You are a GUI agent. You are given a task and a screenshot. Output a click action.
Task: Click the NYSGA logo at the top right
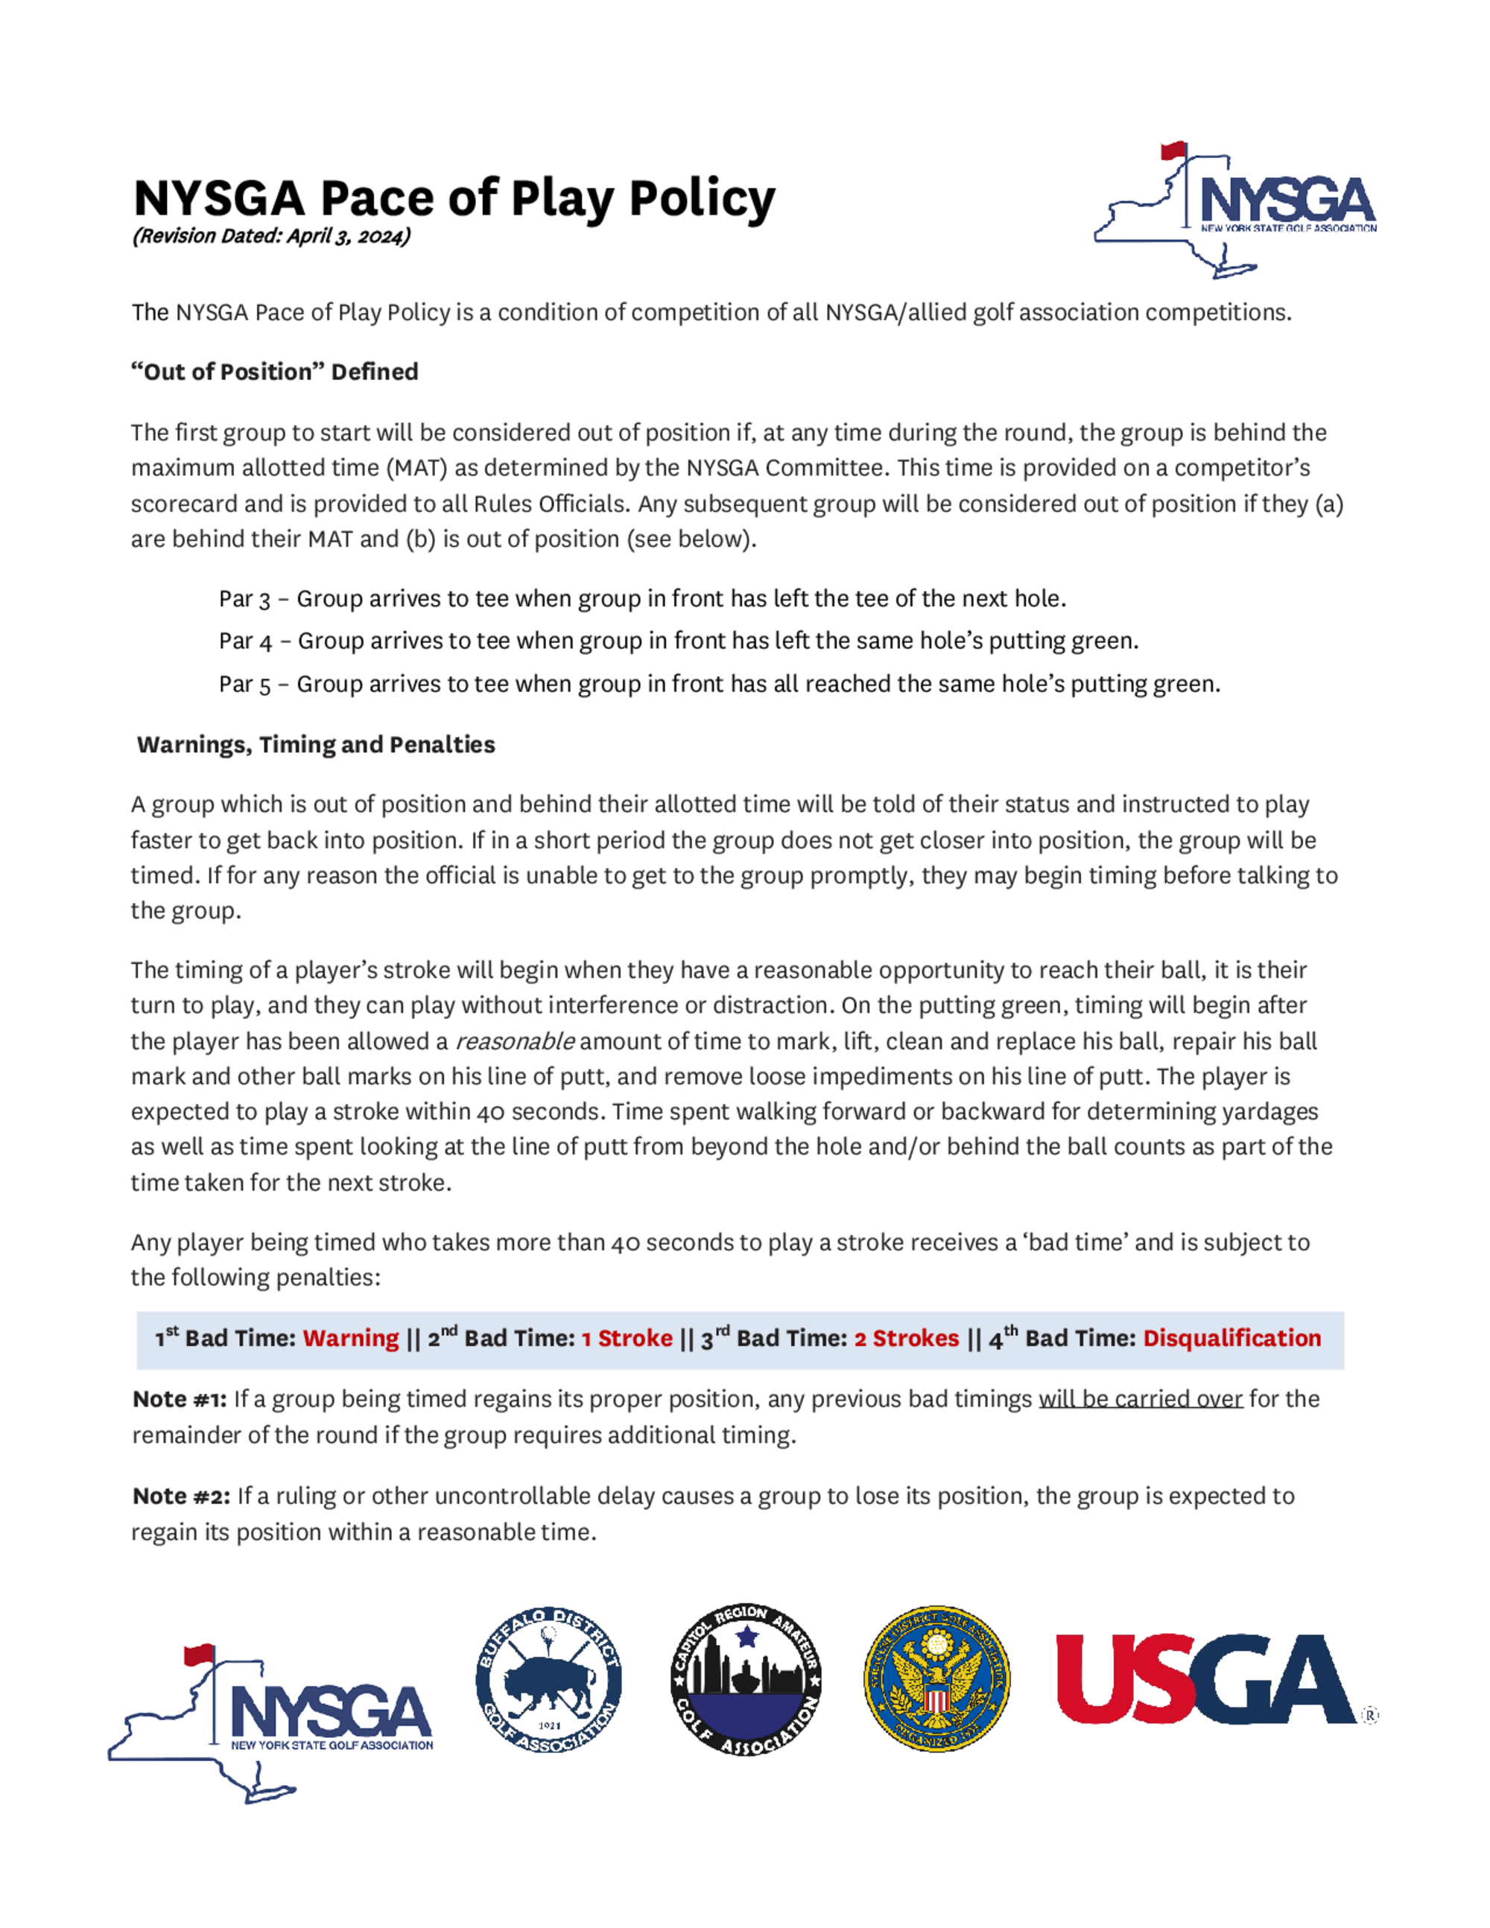(x=1236, y=210)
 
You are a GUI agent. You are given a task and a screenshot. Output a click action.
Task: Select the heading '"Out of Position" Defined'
(x=274, y=372)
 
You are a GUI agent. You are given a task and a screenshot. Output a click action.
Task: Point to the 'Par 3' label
(x=244, y=600)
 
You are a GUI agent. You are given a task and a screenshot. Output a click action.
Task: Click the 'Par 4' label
(x=244, y=641)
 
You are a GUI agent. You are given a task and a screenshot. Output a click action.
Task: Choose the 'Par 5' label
(x=244, y=684)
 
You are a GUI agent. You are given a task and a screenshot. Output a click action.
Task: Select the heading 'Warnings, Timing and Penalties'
(x=315, y=745)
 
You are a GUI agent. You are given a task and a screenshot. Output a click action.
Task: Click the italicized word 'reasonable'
(x=515, y=1041)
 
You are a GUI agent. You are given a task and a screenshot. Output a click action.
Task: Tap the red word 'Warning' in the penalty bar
(x=350, y=1338)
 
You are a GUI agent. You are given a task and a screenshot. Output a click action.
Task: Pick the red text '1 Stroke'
(x=627, y=1338)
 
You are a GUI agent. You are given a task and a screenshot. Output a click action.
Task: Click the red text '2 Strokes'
(x=906, y=1338)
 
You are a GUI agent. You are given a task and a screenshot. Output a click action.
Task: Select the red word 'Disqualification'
(x=1231, y=1338)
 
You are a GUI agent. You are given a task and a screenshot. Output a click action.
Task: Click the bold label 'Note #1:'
(x=180, y=1399)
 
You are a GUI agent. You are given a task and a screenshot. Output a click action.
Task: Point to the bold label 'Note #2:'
(x=181, y=1497)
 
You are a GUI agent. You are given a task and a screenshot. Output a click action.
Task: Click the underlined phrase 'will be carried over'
(x=1140, y=1399)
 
